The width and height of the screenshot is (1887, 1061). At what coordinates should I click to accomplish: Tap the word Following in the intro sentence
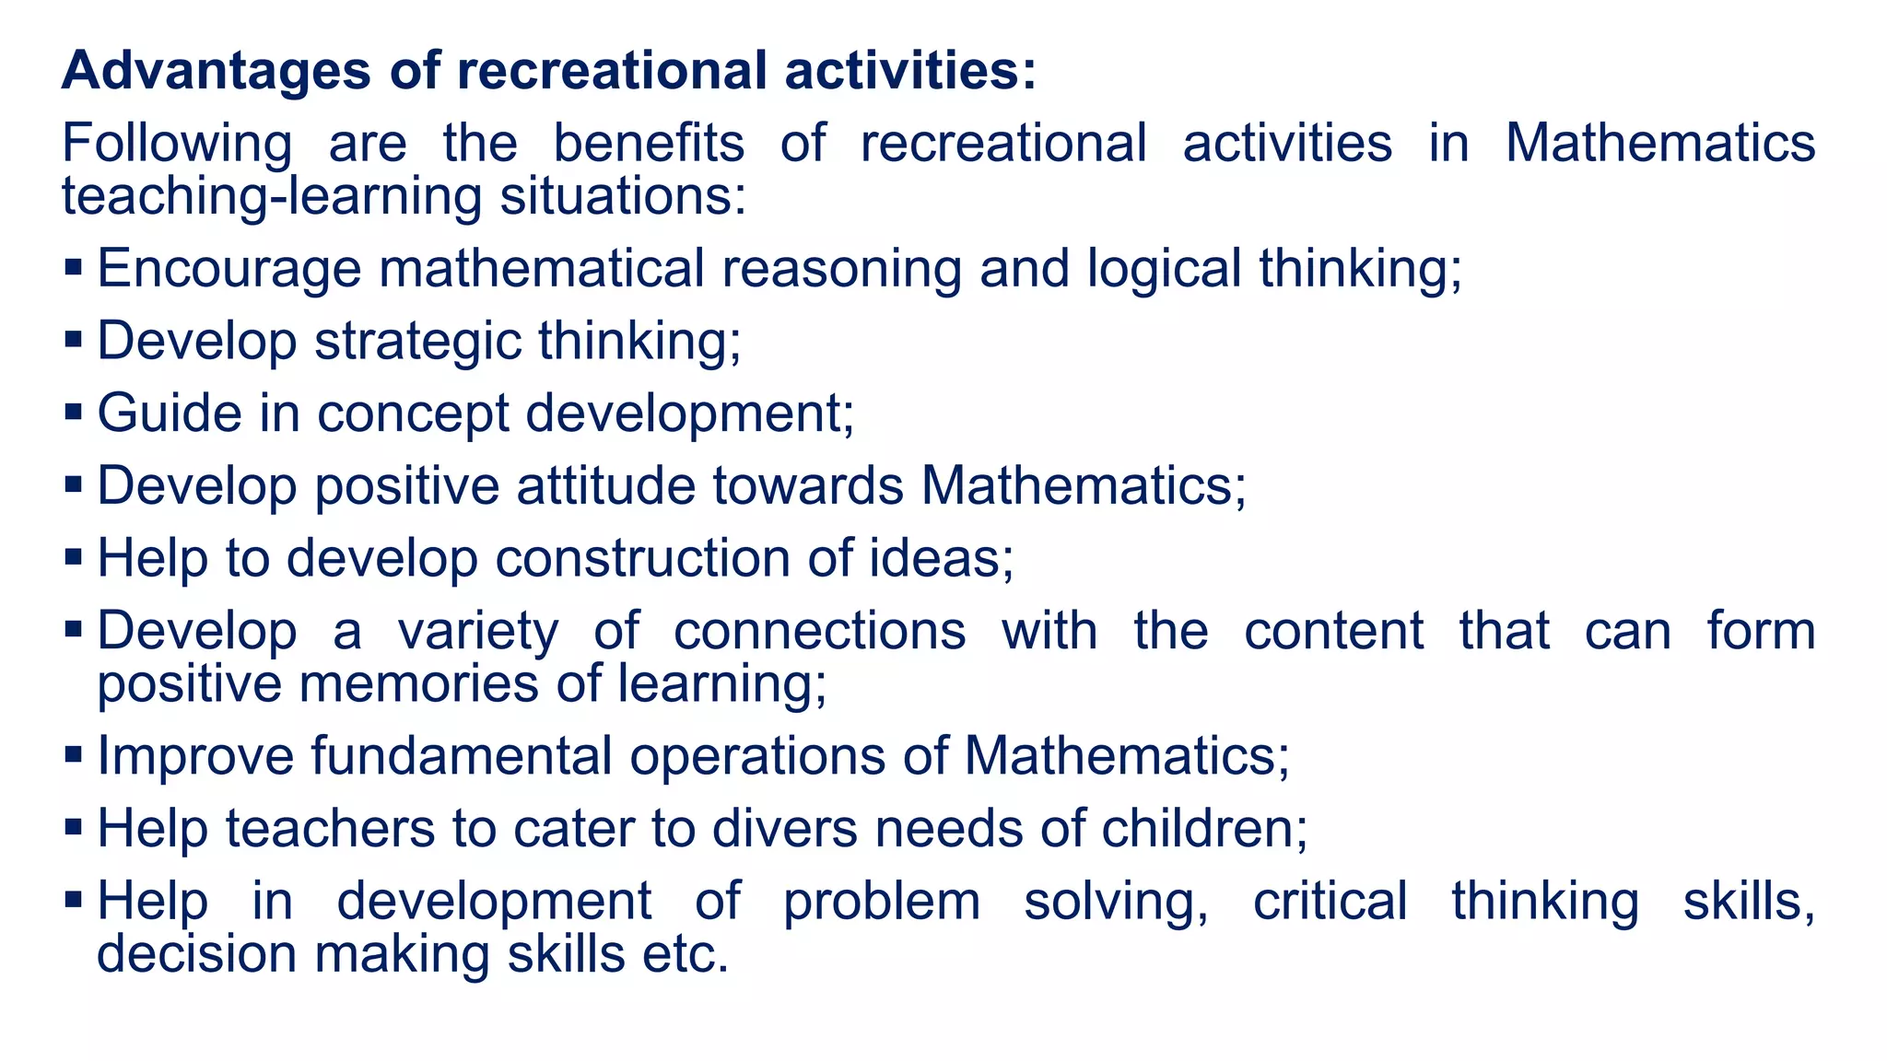(x=177, y=145)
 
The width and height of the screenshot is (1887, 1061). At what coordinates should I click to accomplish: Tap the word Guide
(x=170, y=413)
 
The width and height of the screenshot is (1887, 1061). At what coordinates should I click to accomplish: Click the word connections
(x=820, y=631)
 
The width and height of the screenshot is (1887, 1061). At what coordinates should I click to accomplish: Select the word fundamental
(x=461, y=756)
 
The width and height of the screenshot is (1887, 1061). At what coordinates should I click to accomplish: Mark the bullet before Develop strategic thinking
(x=74, y=340)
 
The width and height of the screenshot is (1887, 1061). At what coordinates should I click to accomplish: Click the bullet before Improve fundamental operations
(x=74, y=754)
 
